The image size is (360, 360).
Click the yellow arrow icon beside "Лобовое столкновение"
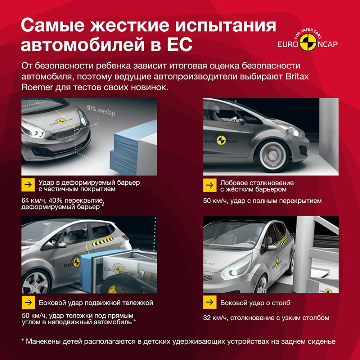pos(209,185)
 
